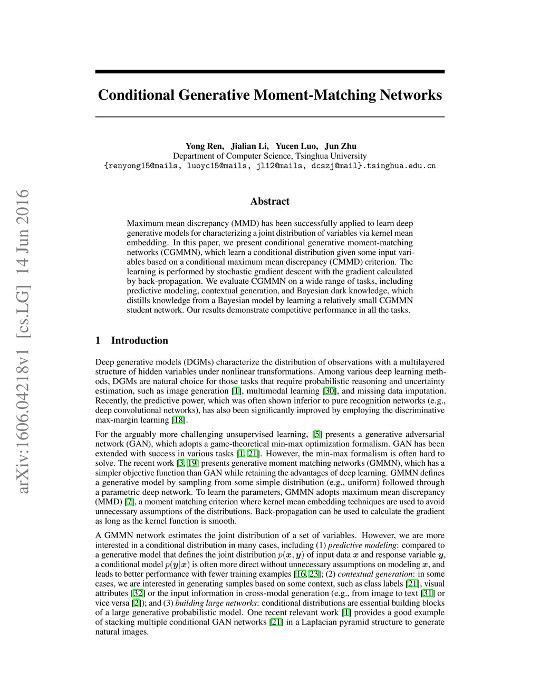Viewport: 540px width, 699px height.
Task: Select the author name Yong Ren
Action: (x=205, y=146)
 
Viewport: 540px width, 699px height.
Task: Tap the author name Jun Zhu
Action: (x=341, y=146)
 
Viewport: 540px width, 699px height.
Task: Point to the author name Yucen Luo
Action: (x=296, y=146)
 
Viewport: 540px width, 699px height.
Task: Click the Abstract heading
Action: (x=269, y=201)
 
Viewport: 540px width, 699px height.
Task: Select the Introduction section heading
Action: (x=139, y=340)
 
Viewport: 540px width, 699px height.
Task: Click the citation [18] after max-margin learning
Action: (x=179, y=420)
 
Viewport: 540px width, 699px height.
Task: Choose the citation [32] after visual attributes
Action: (x=138, y=593)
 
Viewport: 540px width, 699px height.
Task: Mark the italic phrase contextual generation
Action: (x=375, y=574)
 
